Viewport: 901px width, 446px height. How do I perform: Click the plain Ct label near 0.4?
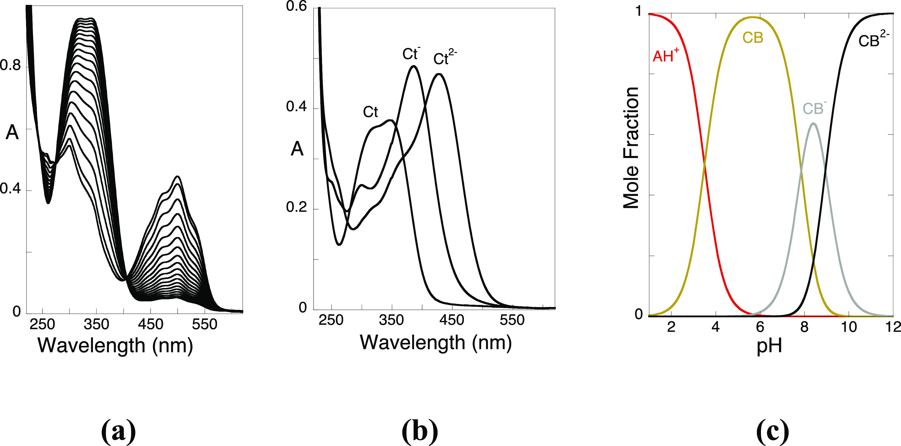[x=370, y=112]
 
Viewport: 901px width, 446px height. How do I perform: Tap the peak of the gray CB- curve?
[x=813, y=124]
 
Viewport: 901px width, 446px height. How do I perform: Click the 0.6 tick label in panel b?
[x=296, y=6]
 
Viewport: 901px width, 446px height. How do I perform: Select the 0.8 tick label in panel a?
[x=11, y=65]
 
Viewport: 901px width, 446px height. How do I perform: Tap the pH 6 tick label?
[x=760, y=327]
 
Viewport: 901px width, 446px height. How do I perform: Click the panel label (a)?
[x=118, y=431]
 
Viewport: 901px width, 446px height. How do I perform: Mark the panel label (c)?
[x=772, y=431]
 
